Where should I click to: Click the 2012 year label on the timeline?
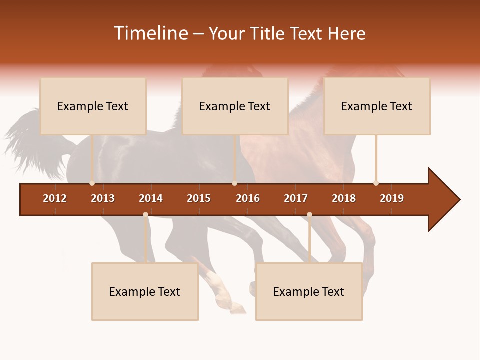coord(55,198)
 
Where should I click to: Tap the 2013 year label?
coord(103,198)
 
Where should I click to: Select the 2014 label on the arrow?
coord(151,198)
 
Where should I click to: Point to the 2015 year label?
coord(199,198)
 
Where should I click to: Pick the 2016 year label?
coord(248,198)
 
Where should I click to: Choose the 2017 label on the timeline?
coord(296,198)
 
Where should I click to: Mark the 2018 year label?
coord(344,198)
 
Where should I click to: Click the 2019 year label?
coord(392,198)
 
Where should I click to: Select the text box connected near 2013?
coord(93,106)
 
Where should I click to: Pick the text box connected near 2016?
coord(235,106)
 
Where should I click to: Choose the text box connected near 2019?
coord(377,106)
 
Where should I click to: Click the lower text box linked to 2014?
coord(145,291)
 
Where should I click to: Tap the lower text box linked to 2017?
coord(309,291)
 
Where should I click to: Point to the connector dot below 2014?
coord(145,215)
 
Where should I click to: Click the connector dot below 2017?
coord(309,215)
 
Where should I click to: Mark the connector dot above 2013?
coord(92,183)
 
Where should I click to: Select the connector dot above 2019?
coord(376,183)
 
